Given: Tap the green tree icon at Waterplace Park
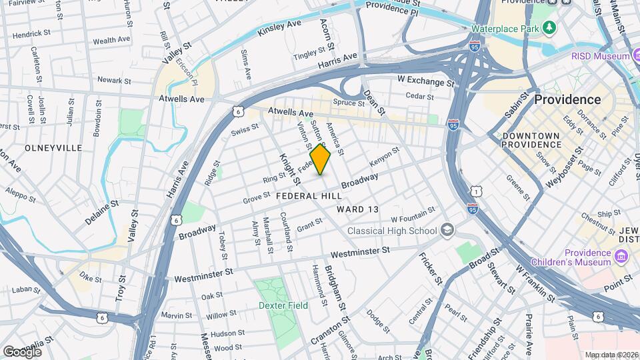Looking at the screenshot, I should point(549,28).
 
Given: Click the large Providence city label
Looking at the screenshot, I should point(567,99).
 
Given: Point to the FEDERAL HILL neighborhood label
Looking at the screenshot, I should point(309,196).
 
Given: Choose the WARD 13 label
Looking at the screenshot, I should point(357,209).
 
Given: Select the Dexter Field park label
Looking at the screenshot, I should point(283,305).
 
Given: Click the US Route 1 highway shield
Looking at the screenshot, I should point(475,191).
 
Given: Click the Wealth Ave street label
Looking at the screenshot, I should point(111,41).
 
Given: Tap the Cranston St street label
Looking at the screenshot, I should point(339,327).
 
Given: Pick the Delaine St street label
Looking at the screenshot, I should point(101,212).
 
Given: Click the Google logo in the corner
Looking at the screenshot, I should point(22,351).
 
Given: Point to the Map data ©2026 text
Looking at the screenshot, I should point(611,355).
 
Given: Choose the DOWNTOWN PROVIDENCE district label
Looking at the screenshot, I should point(531,139).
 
